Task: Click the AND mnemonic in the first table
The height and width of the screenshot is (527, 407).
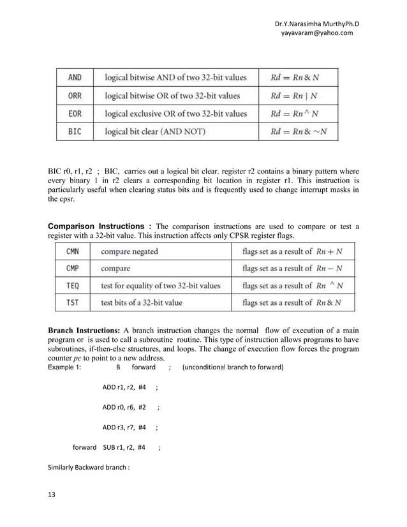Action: click(75, 77)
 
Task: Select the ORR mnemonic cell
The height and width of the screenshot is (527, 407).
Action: click(75, 96)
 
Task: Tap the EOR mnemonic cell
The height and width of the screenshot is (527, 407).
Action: click(75, 114)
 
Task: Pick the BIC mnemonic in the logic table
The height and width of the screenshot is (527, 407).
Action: click(75, 132)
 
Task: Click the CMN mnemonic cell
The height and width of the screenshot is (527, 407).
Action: click(73, 251)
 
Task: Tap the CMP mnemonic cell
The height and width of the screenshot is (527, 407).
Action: click(73, 269)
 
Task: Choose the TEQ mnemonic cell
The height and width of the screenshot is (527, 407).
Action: click(73, 286)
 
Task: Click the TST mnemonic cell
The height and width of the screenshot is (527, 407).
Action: click(73, 302)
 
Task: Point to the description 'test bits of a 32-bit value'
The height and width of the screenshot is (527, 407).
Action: click(148, 302)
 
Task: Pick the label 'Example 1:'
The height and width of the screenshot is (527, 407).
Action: click(65, 367)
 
